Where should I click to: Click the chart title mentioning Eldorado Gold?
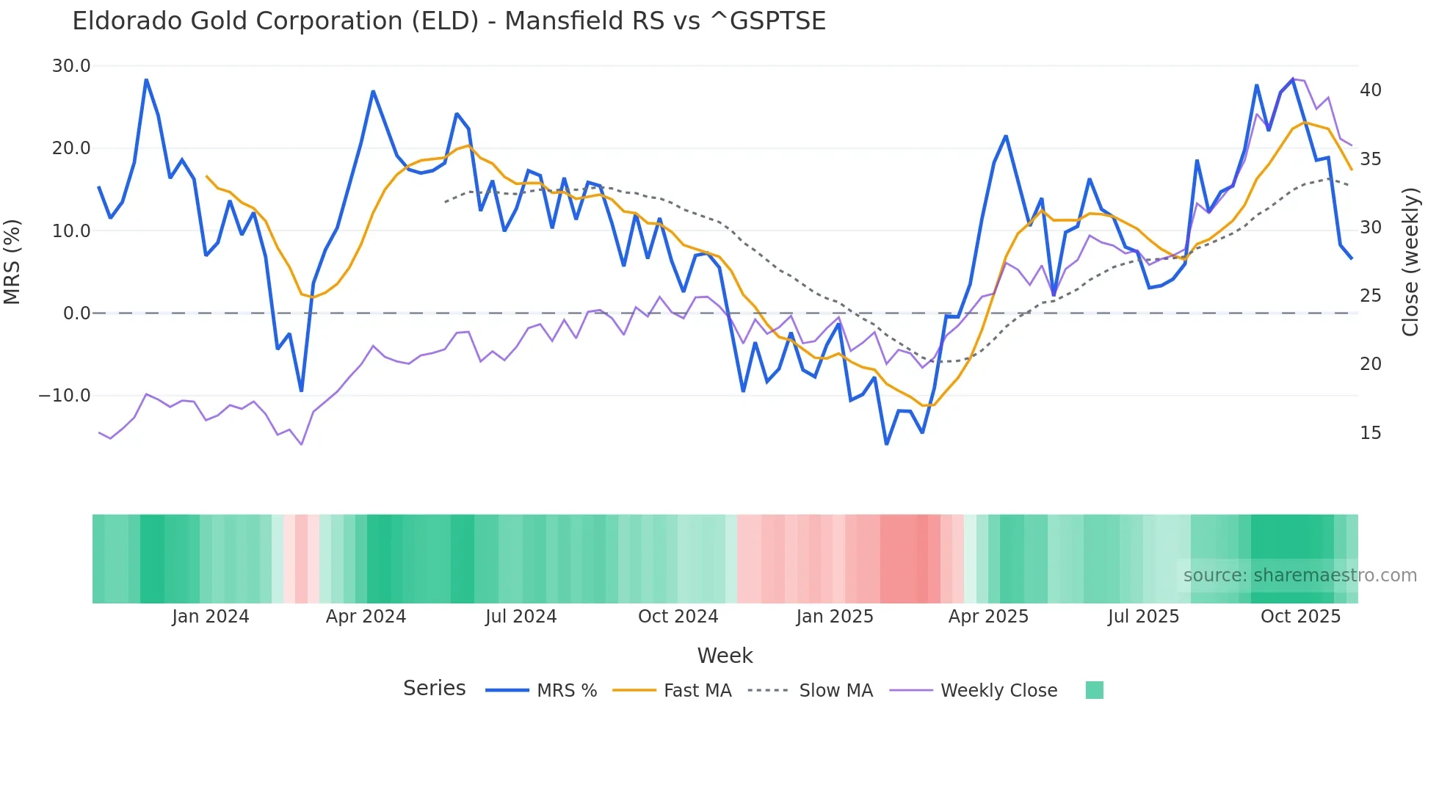[449, 21]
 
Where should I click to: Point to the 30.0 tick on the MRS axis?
[71, 66]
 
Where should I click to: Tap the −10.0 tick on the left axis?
[65, 396]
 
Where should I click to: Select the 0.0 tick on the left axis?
[76, 313]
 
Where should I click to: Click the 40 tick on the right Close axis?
[1370, 90]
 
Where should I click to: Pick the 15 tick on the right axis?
[1370, 433]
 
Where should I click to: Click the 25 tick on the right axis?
[1370, 296]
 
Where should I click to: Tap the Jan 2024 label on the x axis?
[211, 617]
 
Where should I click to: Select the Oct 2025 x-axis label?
[1300, 617]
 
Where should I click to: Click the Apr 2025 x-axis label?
[988, 617]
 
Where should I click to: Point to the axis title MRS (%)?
[12, 262]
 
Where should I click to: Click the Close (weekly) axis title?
[1410, 262]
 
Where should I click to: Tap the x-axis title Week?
[725, 656]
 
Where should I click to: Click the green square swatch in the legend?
[1094, 690]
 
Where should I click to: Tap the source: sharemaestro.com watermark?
[1300, 576]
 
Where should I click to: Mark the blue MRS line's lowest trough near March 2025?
[886, 444]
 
